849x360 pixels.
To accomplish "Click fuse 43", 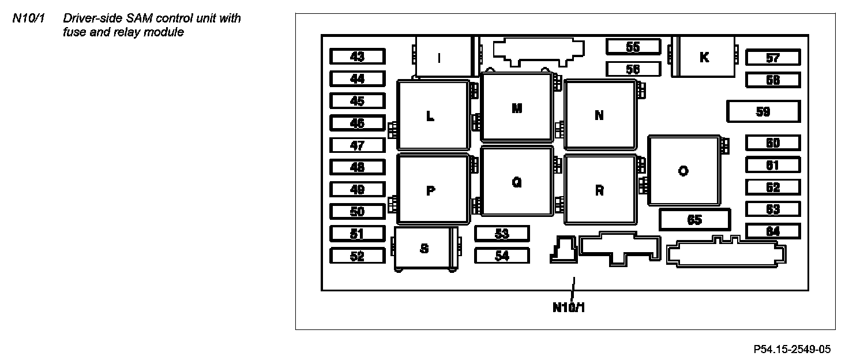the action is pyautogui.click(x=357, y=57).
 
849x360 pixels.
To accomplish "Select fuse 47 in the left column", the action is pyautogui.click(x=357, y=145).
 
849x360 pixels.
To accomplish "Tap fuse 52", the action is pyautogui.click(x=357, y=256).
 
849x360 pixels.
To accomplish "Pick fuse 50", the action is pyautogui.click(x=357, y=212).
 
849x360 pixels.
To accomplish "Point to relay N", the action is pyautogui.click(x=599, y=115).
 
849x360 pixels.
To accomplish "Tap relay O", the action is pyautogui.click(x=683, y=171).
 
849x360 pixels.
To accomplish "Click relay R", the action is pyautogui.click(x=599, y=190).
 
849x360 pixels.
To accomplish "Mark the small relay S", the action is pyautogui.click(x=424, y=249).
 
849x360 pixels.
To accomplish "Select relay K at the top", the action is pyautogui.click(x=704, y=57).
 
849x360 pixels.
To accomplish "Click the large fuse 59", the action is pyautogui.click(x=762, y=111).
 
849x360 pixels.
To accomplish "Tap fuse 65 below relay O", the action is pyautogui.click(x=694, y=219).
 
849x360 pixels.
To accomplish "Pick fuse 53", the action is pyautogui.click(x=502, y=234).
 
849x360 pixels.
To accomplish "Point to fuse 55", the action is pyautogui.click(x=633, y=47).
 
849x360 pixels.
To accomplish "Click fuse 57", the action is pyautogui.click(x=772, y=58).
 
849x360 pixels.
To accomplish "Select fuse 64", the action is pyautogui.click(x=772, y=231).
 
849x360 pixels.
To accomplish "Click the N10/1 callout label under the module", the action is pyautogui.click(x=569, y=307).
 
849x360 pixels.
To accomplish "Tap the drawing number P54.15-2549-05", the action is pyautogui.click(x=792, y=349).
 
